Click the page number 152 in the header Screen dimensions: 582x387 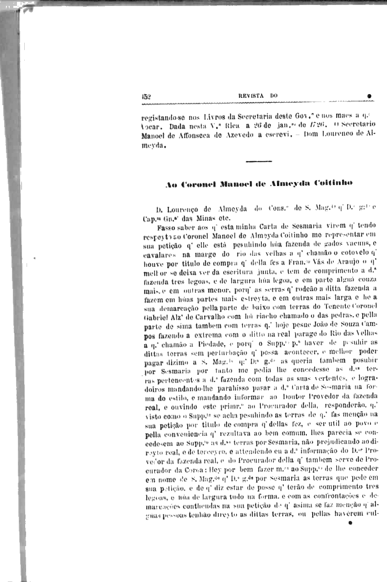147,96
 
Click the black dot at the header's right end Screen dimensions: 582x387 369,96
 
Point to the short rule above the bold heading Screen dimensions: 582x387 259,161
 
